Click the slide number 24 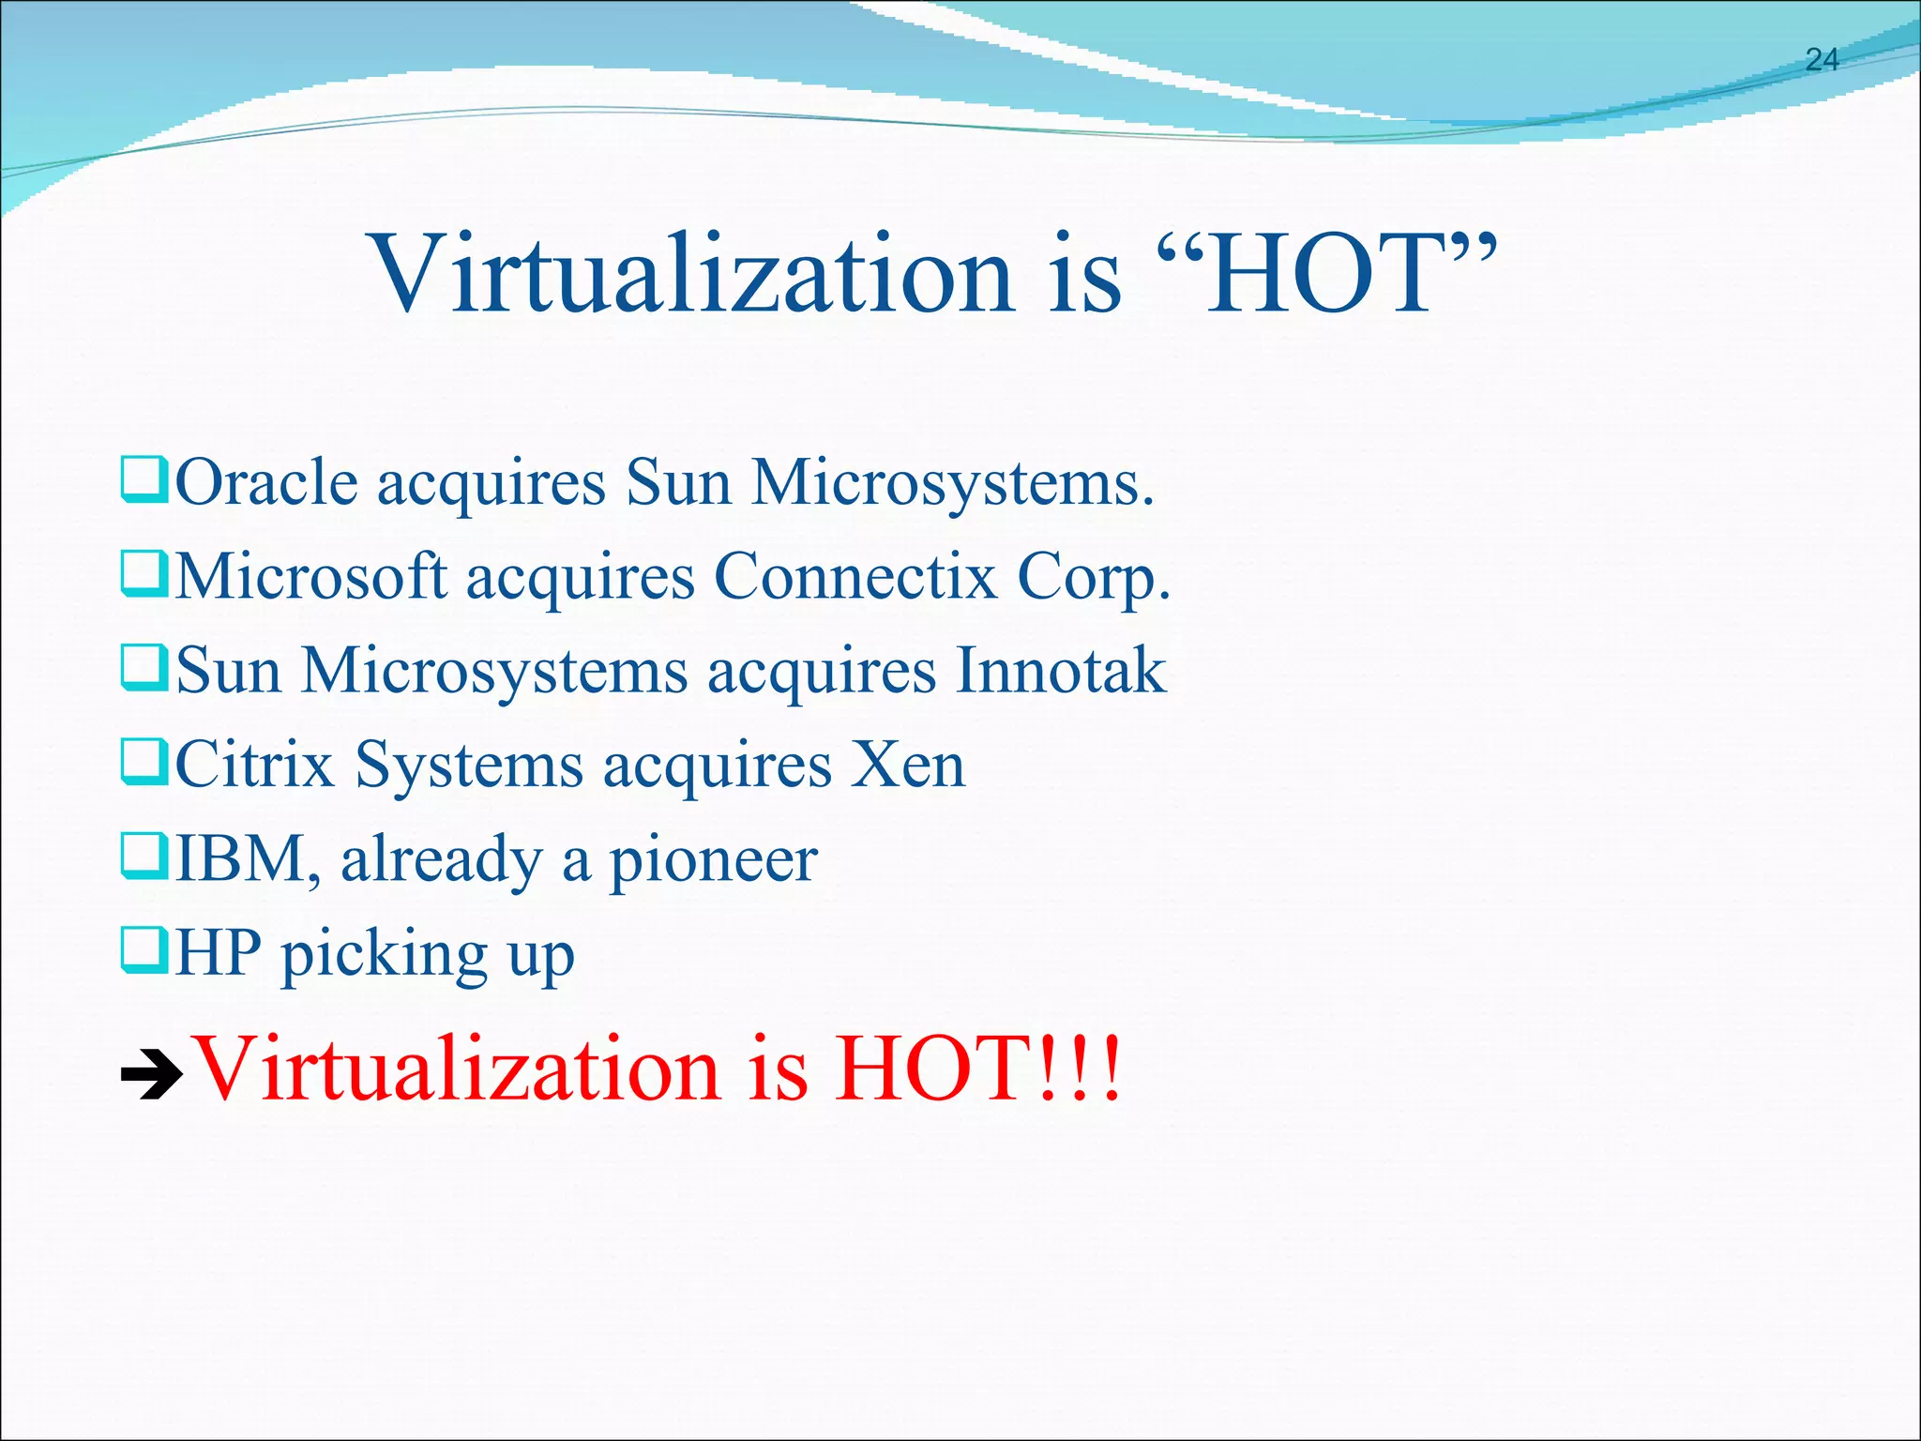pos(1822,60)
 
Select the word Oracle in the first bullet pos(267,484)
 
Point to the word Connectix pos(855,576)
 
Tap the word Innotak pos(1062,672)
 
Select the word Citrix pos(255,766)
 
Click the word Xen pos(908,766)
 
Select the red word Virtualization pos(455,1069)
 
